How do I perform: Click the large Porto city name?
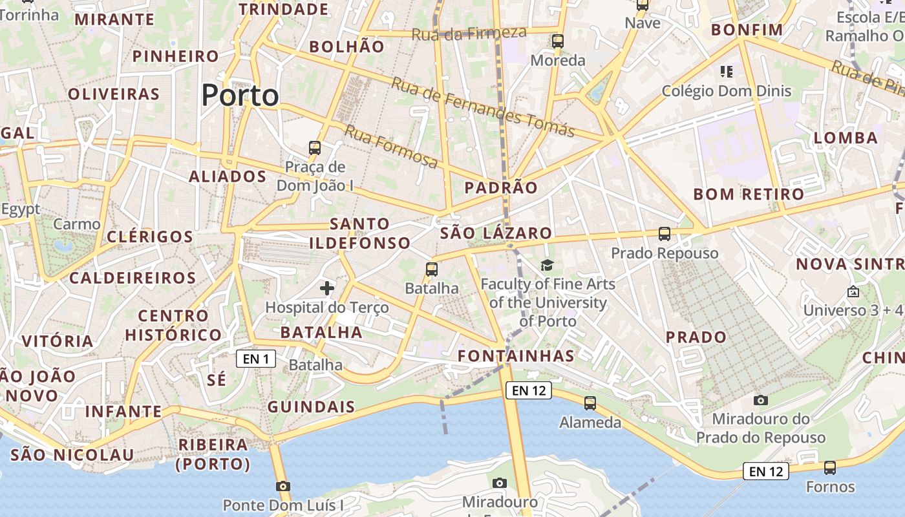(240, 96)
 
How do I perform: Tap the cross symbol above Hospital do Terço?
(327, 288)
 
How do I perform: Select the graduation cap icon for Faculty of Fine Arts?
(548, 264)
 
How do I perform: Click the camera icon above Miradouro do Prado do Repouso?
(761, 400)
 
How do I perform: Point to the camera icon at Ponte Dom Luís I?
(282, 486)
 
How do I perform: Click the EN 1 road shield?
(256, 359)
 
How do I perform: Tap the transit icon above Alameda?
(590, 403)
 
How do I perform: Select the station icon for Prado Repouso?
(664, 234)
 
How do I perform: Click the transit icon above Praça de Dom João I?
(315, 148)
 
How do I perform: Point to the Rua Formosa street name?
(390, 146)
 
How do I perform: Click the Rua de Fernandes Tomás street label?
(482, 107)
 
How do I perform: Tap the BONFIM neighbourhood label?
(747, 30)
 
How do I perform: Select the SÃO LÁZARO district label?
(496, 233)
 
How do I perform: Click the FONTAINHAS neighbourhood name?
(516, 355)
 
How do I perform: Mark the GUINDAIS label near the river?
(311, 406)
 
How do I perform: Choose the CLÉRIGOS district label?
(150, 237)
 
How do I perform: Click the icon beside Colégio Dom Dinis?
(726, 71)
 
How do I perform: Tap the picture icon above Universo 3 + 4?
(853, 291)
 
